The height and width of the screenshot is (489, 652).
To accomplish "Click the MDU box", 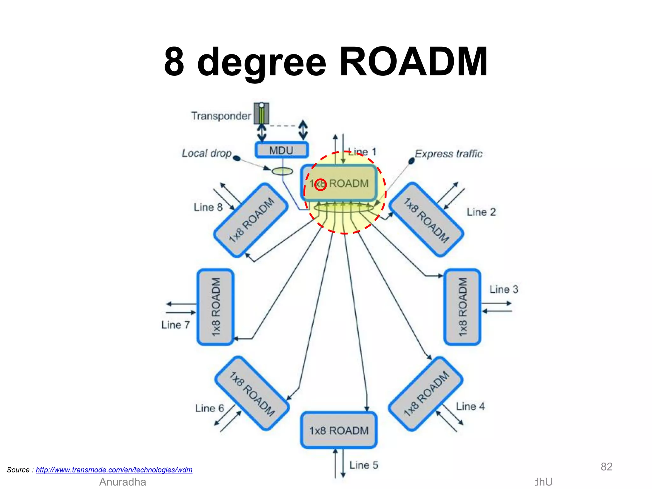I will [x=281, y=150].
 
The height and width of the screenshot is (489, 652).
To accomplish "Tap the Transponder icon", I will [x=261, y=113].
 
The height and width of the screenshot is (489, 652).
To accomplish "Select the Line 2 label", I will [x=481, y=212].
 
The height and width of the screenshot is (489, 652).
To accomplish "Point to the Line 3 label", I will [x=504, y=289].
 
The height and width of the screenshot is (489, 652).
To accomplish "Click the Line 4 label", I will [x=470, y=406].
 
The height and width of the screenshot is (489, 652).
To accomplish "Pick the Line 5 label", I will [x=364, y=465].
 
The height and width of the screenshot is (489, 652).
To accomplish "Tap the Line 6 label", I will [x=209, y=408].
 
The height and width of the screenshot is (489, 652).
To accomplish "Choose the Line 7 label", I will [x=175, y=325].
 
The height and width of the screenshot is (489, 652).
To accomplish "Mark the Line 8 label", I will [x=208, y=207].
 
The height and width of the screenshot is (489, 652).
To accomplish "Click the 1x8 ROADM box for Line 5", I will [x=339, y=430].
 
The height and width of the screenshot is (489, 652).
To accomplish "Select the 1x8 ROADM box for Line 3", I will [x=462, y=307].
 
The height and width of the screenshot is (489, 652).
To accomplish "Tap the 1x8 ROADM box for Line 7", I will [x=216, y=307].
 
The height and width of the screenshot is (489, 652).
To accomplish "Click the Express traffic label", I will [x=449, y=154].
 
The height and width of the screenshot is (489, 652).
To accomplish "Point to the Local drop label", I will [x=207, y=153].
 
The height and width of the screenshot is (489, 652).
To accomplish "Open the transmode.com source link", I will [x=114, y=470].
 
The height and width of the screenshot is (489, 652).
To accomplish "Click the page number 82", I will [x=606, y=467].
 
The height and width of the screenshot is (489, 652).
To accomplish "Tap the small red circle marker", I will [x=321, y=185].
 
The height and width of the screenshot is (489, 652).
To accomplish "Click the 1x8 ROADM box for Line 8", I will [x=251, y=220].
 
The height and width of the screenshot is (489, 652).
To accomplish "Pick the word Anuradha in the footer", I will [x=123, y=482].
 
